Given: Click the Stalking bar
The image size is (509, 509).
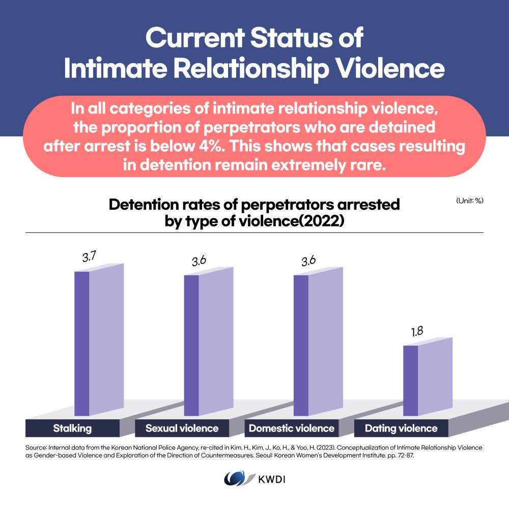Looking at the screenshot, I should [x=99, y=341].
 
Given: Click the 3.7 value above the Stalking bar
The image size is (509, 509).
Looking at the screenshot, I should [x=90, y=257].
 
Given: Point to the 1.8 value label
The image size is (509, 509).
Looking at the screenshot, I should [x=417, y=332].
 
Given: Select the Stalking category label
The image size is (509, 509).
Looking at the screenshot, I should [x=72, y=428].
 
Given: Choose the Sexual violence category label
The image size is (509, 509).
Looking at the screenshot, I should [x=182, y=428].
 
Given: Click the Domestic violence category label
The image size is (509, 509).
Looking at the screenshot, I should [x=292, y=428].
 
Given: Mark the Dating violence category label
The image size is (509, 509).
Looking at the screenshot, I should [x=401, y=428].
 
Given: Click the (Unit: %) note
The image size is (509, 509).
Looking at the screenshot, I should [x=469, y=201].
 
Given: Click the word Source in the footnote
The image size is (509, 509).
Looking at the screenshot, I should [x=35, y=447].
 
